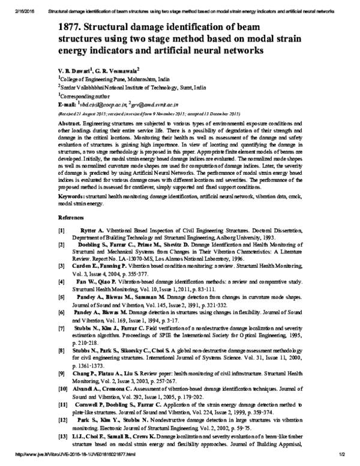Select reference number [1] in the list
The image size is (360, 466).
pos(61,231)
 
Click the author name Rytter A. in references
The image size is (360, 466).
pos(92,231)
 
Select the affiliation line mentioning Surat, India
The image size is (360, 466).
pos(127,86)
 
